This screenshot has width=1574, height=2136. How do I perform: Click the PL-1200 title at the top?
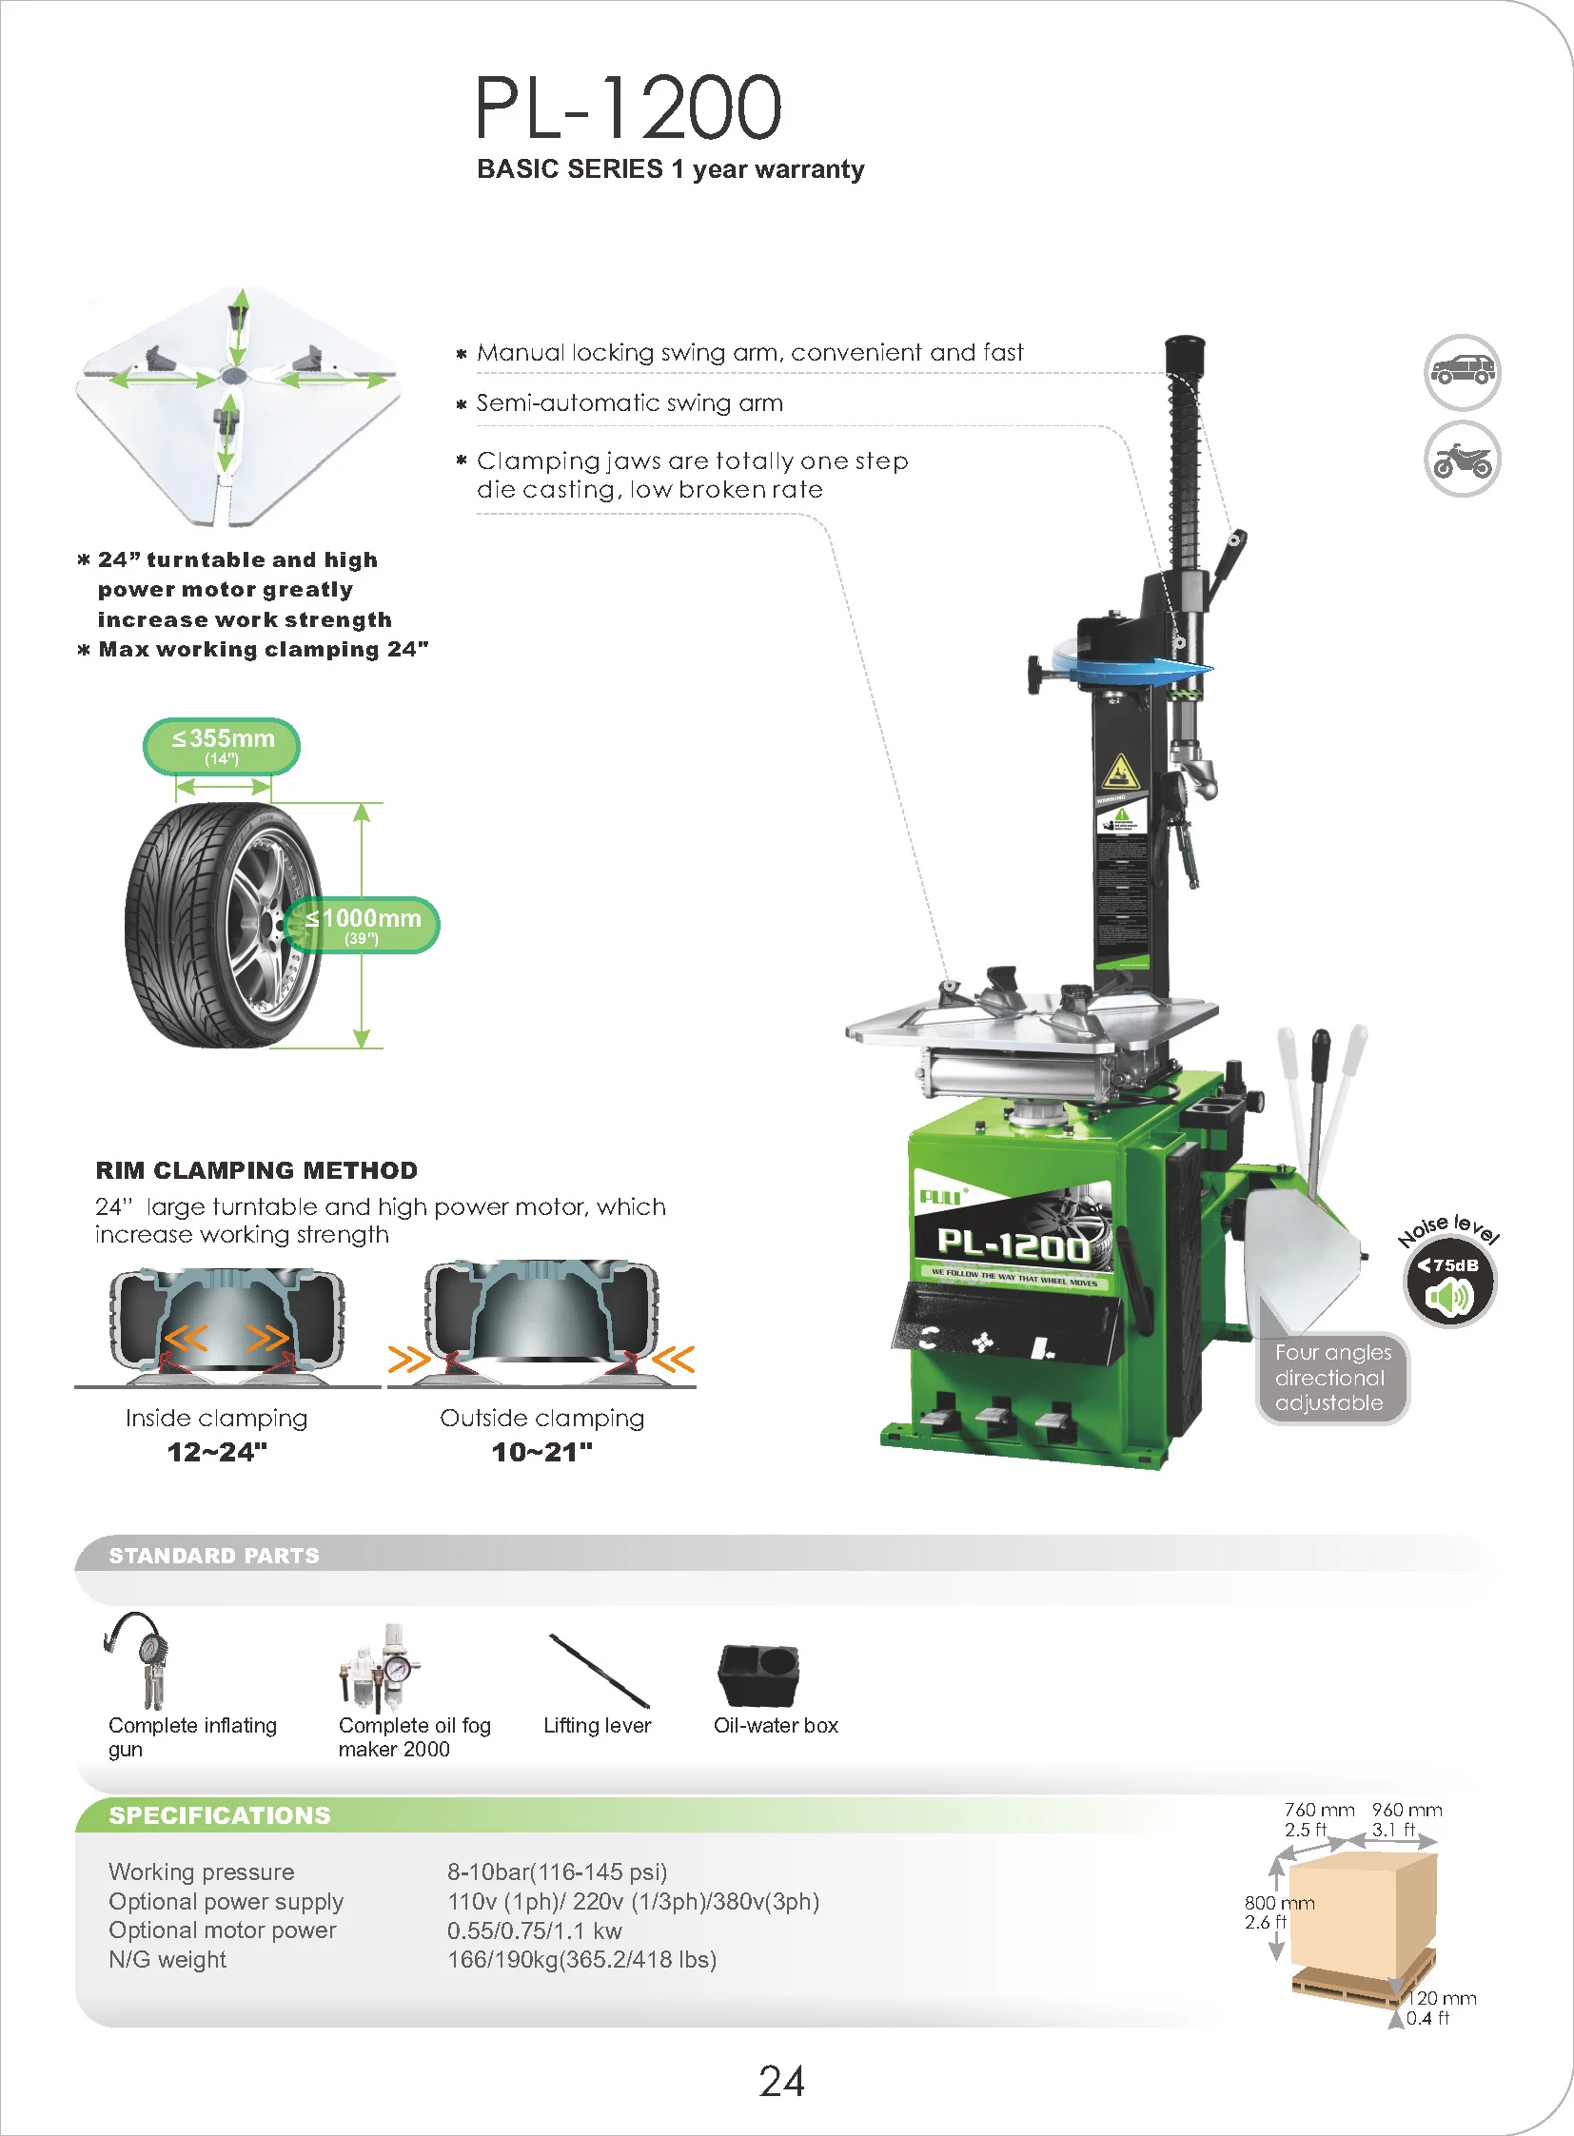click(629, 107)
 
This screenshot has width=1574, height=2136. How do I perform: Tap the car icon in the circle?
click(1462, 372)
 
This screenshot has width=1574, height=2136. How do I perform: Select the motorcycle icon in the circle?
click(1462, 461)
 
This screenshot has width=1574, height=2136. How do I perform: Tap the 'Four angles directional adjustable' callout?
click(1332, 1377)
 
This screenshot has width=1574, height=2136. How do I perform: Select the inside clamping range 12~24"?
click(217, 1452)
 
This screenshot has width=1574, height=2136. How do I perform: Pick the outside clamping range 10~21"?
click(542, 1452)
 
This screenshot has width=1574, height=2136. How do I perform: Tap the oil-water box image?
click(758, 1674)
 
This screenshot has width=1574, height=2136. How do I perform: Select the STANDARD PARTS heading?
click(213, 1555)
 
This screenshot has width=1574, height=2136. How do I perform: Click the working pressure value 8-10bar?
click(557, 1871)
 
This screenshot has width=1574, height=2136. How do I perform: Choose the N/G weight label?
click(167, 1960)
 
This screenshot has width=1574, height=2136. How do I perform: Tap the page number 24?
click(781, 2081)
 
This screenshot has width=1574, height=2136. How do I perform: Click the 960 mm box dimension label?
click(1407, 1810)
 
